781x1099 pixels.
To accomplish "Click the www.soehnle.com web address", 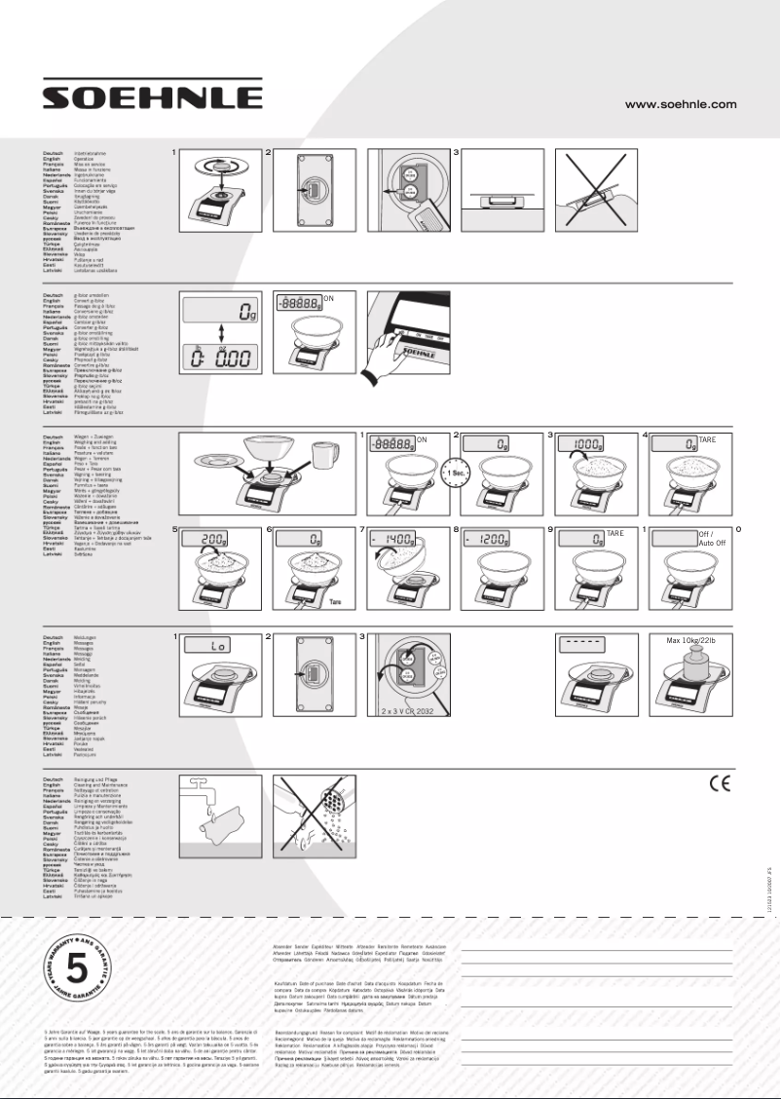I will click(x=680, y=103).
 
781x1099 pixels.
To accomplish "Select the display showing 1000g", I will click(x=588, y=443).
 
